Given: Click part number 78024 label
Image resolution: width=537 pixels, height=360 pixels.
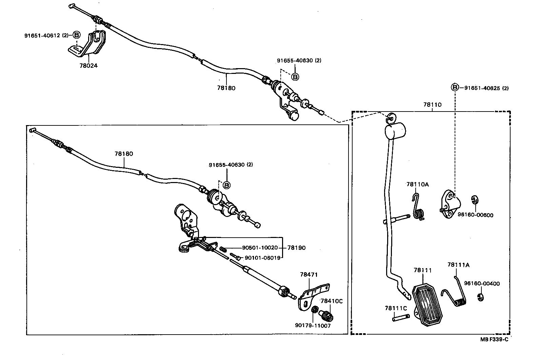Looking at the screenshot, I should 88,66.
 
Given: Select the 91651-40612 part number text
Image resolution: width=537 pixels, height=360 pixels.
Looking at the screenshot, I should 42,35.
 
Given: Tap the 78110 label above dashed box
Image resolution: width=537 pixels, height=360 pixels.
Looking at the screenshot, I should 432,105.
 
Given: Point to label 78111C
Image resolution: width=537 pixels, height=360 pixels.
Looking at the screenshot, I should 396,308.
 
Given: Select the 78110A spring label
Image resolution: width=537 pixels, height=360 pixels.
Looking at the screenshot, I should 418,184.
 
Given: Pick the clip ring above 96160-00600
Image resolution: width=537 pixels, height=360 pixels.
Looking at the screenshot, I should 474,200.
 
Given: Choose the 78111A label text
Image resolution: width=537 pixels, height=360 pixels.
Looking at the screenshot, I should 458,265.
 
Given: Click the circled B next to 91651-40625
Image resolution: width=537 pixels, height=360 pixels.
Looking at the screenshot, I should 455,87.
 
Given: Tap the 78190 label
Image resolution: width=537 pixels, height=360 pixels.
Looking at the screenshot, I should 296,248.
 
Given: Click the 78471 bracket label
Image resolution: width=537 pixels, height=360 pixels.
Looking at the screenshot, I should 309,274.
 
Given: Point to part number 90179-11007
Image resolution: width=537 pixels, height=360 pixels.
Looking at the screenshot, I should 313,326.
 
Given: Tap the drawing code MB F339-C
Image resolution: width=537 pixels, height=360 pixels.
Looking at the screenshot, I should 494,340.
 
